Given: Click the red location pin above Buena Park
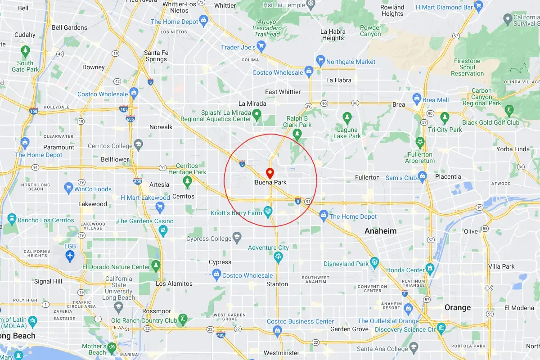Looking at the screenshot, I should coord(270,172).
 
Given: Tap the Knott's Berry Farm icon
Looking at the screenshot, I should coord(268,210).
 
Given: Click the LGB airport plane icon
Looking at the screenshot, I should coord(70,256).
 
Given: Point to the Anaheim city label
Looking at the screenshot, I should coord(381,231).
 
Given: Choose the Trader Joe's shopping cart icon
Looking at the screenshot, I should coord(262,46).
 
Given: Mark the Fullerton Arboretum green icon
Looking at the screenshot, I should coord(420,142).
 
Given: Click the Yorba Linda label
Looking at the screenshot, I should coord(513,149).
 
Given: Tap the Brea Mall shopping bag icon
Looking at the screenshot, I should coord(417,99).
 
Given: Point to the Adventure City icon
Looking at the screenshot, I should coord(279,256).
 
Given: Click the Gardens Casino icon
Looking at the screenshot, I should coord(162,230).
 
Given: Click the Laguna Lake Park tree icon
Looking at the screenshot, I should coord(347,117).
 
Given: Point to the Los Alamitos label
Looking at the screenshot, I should coord(174,283).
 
